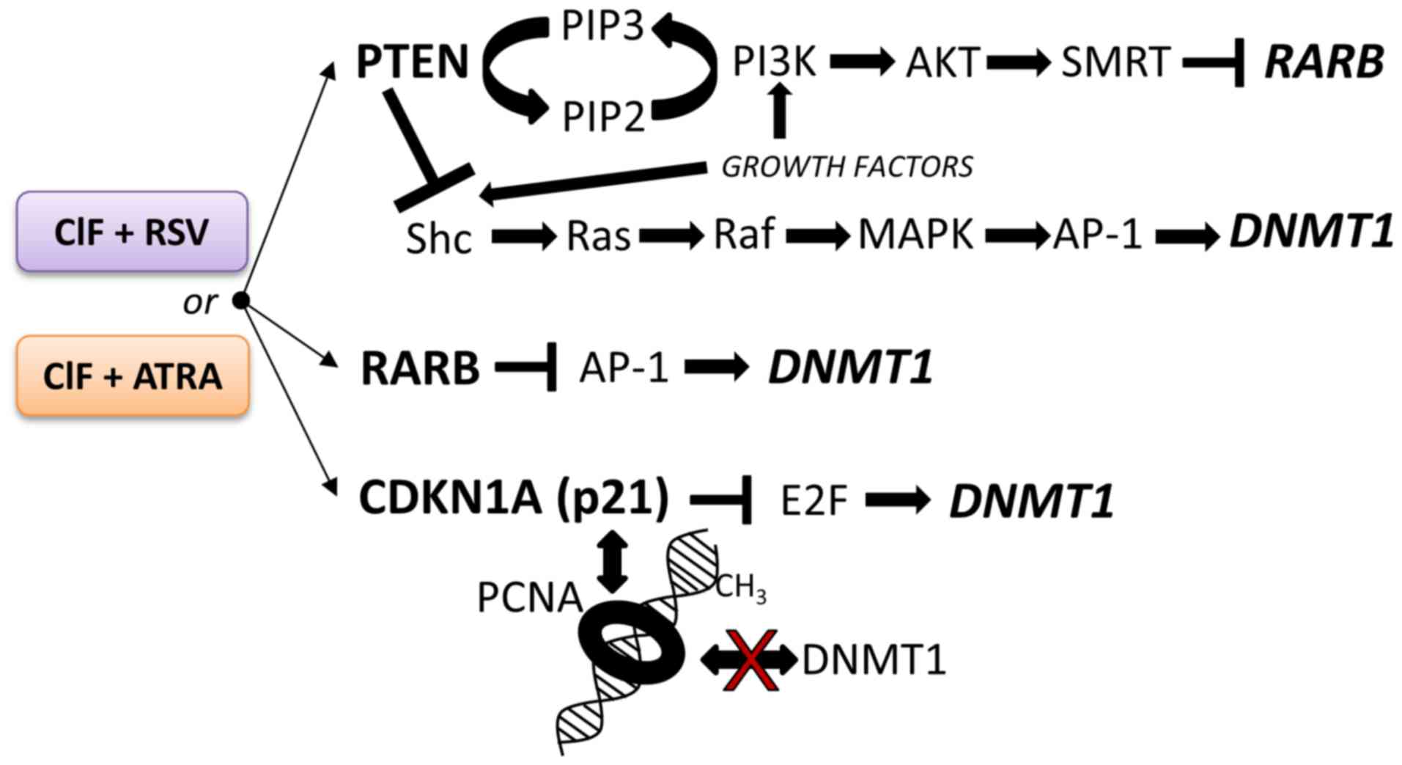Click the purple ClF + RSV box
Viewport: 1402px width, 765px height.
132,232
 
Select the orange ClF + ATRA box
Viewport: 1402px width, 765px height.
132,376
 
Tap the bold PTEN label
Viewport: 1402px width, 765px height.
412,62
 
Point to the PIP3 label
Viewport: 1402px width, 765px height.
602,26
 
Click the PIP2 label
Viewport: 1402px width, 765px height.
603,117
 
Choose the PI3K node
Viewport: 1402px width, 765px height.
774,62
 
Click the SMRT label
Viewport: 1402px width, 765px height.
1115,62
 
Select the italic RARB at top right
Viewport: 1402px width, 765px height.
1324,62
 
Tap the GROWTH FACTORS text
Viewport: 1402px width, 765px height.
847,167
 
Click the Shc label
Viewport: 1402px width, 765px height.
438,238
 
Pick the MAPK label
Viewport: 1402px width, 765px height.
915,235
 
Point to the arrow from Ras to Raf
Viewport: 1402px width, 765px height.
671,236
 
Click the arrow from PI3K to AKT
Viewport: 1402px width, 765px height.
862,62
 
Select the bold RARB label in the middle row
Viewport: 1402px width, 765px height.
420,368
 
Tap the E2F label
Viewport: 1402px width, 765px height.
813,502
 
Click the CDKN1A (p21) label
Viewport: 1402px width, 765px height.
514,498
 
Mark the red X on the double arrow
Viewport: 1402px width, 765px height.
750,660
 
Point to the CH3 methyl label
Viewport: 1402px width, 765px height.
740,588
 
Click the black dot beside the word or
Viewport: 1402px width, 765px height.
240,300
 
